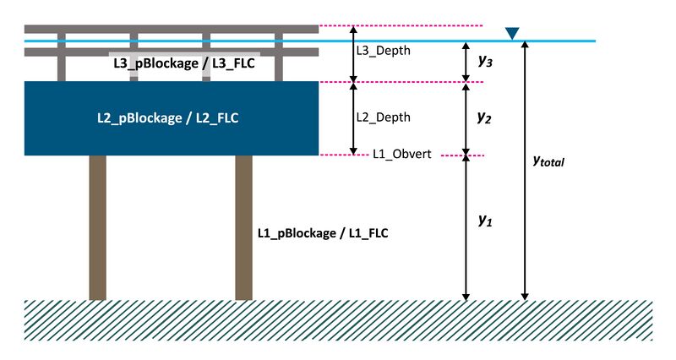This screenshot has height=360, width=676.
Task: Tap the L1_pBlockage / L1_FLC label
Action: pyautogui.click(x=322, y=232)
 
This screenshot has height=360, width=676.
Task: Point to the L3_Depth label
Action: pyautogui.click(x=383, y=51)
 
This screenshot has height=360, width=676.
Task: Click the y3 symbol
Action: pyautogui.click(x=484, y=61)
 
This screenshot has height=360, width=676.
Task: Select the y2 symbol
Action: pyautogui.click(x=484, y=118)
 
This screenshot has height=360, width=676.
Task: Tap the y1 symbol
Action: pyautogui.click(x=484, y=221)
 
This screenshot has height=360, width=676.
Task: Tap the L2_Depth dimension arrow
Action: pyautogui.click(x=353, y=118)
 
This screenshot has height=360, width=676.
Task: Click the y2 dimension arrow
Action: pyautogui.click(x=464, y=118)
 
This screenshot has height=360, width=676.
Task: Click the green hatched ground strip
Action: pyautogui.click(x=338, y=320)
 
